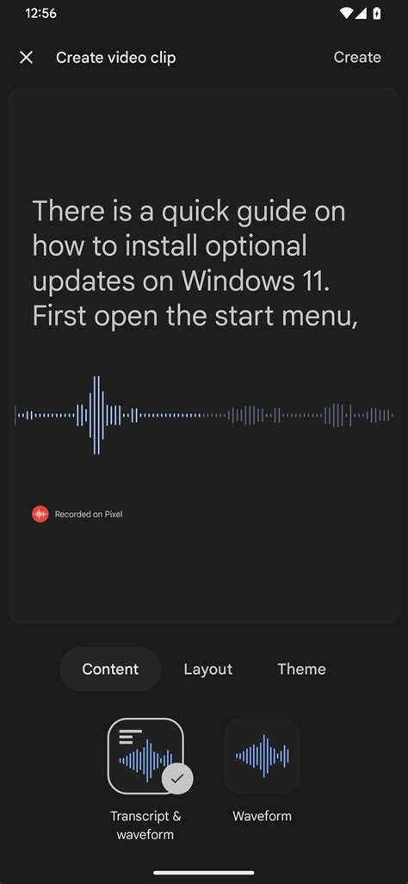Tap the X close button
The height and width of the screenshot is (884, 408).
[x=27, y=58]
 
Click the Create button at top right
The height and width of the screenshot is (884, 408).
[x=357, y=58]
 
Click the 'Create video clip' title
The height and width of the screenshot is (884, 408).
[x=115, y=58]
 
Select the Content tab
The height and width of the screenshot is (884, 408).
[x=110, y=669]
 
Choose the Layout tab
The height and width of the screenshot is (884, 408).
[x=208, y=669]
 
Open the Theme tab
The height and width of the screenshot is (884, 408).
[x=301, y=669]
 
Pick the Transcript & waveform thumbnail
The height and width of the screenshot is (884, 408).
[x=145, y=755]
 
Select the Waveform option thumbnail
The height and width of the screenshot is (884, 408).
[x=262, y=755]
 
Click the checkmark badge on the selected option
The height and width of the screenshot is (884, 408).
[x=177, y=778]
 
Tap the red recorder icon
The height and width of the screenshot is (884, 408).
[x=40, y=514]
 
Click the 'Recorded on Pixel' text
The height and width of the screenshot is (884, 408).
[x=89, y=515]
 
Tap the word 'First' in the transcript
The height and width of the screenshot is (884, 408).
[x=59, y=316]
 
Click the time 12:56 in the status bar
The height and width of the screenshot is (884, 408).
[x=40, y=14]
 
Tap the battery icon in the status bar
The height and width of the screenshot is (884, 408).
[x=377, y=14]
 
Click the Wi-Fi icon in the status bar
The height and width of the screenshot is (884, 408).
[x=346, y=14]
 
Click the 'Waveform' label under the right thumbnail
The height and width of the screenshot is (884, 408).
[x=262, y=816]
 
